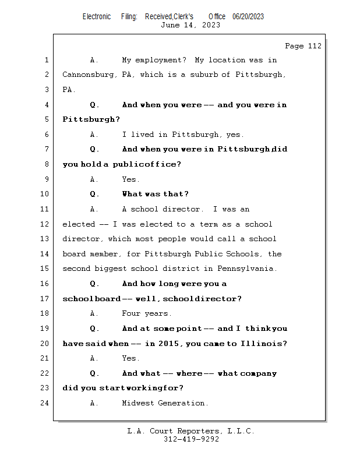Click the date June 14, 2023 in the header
(190, 25)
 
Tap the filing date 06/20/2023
(248, 16)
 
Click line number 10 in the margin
(45, 194)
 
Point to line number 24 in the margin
(45, 403)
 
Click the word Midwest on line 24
(138, 403)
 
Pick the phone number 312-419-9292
(191, 439)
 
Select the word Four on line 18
(131, 313)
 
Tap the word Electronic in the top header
(97, 16)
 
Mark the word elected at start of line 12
(77, 224)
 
